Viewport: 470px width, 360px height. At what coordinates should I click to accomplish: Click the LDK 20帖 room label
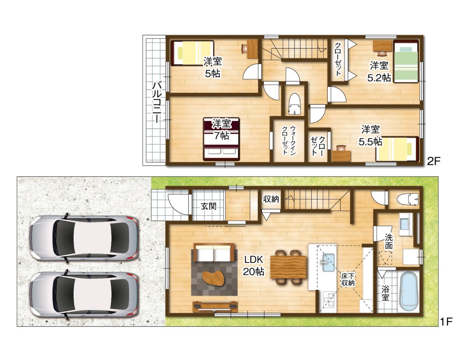(x=253, y=265)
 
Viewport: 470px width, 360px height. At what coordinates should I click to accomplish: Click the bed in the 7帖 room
(x=221, y=139)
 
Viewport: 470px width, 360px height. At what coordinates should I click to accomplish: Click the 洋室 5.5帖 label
(x=370, y=135)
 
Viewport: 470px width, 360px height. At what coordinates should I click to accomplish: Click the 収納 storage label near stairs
(x=271, y=199)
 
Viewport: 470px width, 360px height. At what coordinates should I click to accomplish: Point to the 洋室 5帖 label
(x=213, y=67)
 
